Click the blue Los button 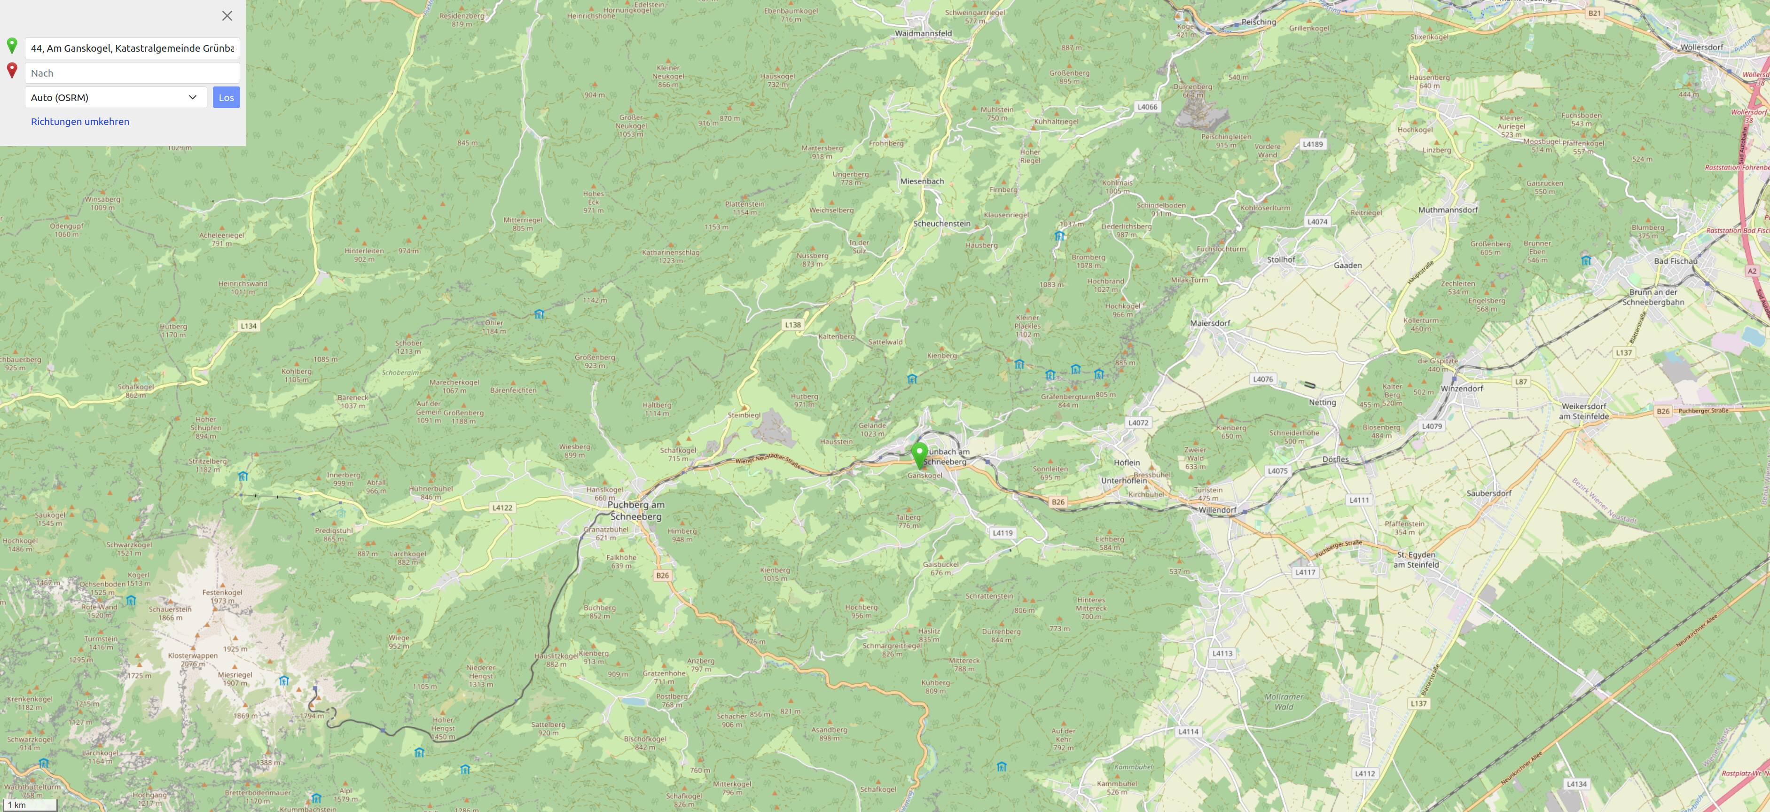[x=226, y=98]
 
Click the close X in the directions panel [x=227, y=16]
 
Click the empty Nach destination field [x=132, y=73]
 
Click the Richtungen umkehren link [x=80, y=122]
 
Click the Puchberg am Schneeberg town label [x=636, y=510]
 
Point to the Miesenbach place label [x=922, y=181]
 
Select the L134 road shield [x=249, y=326]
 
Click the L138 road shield [x=793, y=325]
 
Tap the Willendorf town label [x=1217, y=510]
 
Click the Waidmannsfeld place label [x=923, y=33]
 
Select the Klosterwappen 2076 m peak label [x=193, y=659]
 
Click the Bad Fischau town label [x=1675, y=261]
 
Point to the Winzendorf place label [x=1462, y=388]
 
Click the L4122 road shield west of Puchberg [x=502, y=507]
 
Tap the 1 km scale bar [x=29, y=804]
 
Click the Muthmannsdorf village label [x=1448, y=210]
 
